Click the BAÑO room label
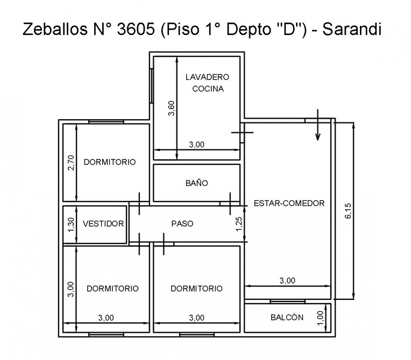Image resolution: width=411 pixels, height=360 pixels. tap(196, 183)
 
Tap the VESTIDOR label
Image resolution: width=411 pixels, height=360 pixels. tap(103, 224)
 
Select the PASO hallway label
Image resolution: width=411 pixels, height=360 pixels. tap(182, 224)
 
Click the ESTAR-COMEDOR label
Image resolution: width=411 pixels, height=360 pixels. tap(289, 203)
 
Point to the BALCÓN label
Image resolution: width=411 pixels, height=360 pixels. tap(287, 318)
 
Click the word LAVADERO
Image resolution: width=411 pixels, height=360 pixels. tap(207, 77)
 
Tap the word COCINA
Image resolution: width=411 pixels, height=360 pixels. tap(208, 89)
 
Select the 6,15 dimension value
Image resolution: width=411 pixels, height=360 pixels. tap(348, 211)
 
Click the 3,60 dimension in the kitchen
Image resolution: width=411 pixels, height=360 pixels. tap(172, 108)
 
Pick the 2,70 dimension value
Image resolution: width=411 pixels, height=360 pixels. tap(71, 163)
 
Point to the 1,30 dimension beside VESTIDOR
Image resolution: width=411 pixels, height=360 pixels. tap(71, 225)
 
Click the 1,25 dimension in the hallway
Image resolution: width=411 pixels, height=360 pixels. tap(239, 224)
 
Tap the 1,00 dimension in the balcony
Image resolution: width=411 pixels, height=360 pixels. tap(321, 318)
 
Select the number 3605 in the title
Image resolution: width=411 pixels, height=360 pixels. tap(136, 29)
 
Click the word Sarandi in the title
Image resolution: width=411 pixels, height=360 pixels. tap(352, 29)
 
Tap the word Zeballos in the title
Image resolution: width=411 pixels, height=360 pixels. tap(55, 29)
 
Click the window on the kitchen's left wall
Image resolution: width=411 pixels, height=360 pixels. tap(152, 86)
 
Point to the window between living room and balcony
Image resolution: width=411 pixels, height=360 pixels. tap(288, 301)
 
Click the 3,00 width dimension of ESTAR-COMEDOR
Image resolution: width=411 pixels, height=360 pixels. tap(287, 280)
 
